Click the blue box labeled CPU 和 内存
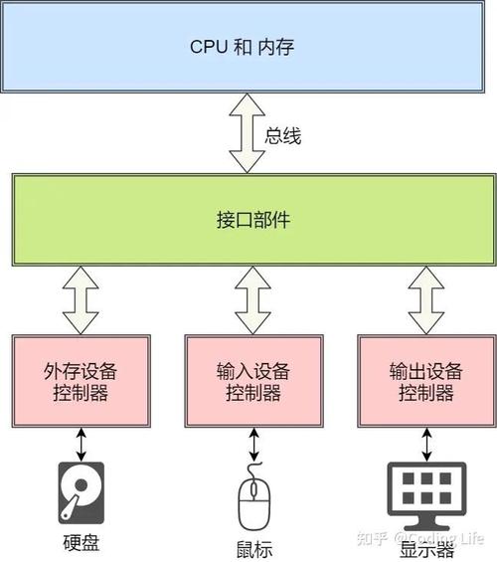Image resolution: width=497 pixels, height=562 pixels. pyautogui.click(x=248, y=46)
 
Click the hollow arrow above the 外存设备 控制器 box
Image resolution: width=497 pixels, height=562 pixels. pyautogui.click(x=80, y=302)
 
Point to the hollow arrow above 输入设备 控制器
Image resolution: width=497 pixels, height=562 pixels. pyautogui.click(x=252, y=302)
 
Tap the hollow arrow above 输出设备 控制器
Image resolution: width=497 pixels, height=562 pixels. pyautogui.click(x=425, y=302)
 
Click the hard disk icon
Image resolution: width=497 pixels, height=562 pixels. pyautogui.click(x=81, y=491)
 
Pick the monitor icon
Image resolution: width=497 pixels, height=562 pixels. pyautogui.click(x=425, y=492)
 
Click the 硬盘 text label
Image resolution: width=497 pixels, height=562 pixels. pyautogui.click(x=81, y=543)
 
